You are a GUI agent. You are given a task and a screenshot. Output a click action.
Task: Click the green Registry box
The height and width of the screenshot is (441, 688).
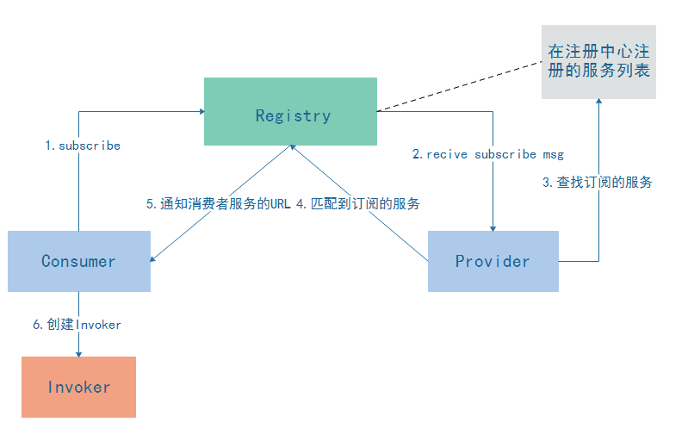point(290,111)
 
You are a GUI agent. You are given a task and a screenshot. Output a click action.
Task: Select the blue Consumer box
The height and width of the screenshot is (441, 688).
point(78,261)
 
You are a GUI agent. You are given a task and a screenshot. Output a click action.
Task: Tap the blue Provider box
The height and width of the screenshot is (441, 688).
point(493,261)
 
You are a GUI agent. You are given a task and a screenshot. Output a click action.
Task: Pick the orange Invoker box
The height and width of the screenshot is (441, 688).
point(78,387)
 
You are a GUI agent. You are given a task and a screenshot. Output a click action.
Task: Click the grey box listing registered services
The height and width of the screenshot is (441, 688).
point(598,61)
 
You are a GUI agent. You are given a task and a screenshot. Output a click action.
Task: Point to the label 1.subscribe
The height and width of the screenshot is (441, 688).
point(83,146)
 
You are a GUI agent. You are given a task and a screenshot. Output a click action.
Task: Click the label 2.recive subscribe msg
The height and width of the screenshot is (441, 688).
point(487,154)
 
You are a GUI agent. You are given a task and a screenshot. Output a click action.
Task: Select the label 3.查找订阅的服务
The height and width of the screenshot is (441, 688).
point(597,182)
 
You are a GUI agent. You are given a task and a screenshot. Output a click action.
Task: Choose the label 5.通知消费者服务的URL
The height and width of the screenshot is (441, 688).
point(219,204)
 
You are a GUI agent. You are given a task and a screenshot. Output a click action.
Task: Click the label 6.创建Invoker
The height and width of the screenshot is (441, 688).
point(77,325)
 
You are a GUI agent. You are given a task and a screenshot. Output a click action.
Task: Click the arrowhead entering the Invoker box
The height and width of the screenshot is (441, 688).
point(78,352)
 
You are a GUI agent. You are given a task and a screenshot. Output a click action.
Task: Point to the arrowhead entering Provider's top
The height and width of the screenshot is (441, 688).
point(493,227)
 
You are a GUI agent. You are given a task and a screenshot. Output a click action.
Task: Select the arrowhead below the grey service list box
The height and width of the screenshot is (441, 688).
point(599,103)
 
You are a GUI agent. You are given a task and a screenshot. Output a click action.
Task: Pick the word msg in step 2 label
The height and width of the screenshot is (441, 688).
point(552,154)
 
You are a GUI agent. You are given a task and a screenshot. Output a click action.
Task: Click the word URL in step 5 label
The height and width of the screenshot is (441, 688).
point(282,204)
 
